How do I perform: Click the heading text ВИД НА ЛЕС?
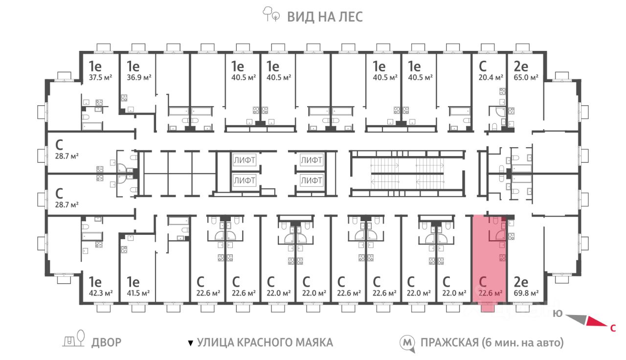[x=325, y=17]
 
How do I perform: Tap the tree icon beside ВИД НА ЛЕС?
[x=271, y=14]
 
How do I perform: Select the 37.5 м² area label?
[x=100, y=77]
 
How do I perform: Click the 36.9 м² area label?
[x=139, y=77]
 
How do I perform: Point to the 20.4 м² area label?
[x=491, y=77]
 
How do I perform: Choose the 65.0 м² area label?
[x=526, y=77]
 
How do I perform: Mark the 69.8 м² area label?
[x=526, y=293]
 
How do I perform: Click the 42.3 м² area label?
[x=101, y=293]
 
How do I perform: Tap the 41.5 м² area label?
[x=138, y=293]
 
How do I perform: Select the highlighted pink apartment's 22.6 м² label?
[x=491, y=293]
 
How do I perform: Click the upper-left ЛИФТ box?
[x=244, y=160]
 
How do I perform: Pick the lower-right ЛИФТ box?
[x=312, y=180]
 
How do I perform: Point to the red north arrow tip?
[x=607, y=326]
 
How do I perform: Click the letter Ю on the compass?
[x=558, y=314]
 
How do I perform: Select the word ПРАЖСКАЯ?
[x=449, y=342]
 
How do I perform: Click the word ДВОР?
[x=106, y=342]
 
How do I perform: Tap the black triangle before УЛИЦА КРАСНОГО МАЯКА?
[x=191, y=343]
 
